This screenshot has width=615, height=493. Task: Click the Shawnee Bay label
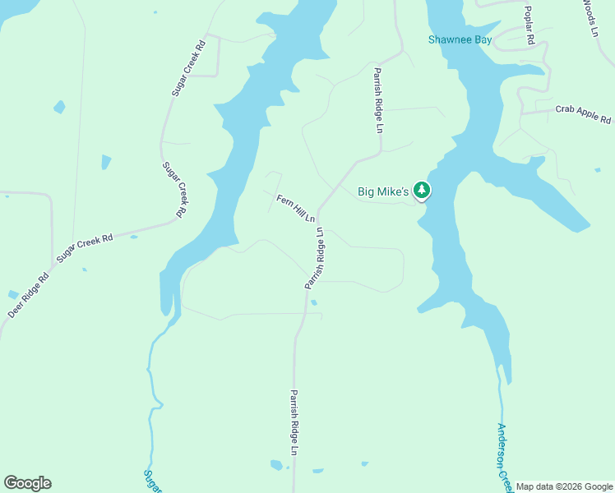(x=460, y=39)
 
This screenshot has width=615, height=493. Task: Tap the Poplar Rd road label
(x=530, y=26)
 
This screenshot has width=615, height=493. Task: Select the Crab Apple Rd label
(x=583, y=113)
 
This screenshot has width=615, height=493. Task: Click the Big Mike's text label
(x=383, y=192)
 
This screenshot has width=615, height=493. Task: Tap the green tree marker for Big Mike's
(x=422, y=191)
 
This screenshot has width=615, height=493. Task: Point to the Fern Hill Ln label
(x=296, y=209)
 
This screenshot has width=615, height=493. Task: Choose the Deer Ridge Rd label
(x=29, y=295)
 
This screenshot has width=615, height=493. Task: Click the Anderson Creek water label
(x=504, y=457)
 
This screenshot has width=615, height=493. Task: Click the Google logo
(x=27, y=483)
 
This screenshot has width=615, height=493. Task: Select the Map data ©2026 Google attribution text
(x=564, y=486)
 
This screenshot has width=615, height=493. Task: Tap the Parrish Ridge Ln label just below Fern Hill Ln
(x=315, y=258)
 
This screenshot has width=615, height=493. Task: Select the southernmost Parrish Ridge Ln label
(x=293, y=422)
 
